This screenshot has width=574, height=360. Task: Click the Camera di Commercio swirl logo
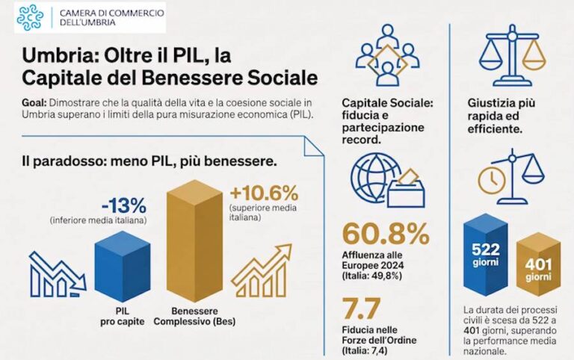coord(30,18)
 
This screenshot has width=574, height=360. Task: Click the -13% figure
coord(124,205)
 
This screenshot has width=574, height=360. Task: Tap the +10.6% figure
coord(264,193)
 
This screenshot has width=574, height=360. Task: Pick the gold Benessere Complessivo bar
coord(194,240)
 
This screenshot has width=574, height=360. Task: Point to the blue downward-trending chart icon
coord(58,274)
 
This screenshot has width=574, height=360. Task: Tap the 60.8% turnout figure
coord(386,234)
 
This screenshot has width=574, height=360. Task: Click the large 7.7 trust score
coord(361,308)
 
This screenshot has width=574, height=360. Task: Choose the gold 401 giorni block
coord(538,269)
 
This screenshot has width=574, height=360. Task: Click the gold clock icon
coord(492,180)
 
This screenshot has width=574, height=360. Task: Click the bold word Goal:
coord(34,103)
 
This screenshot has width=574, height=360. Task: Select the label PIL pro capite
coord(123,317)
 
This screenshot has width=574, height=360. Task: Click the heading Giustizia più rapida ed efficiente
coord(502,116)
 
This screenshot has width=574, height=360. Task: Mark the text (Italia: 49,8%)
coord(372,276)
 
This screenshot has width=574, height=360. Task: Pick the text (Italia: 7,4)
coord(364,350)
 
